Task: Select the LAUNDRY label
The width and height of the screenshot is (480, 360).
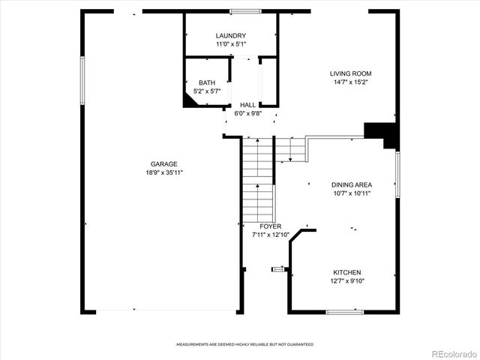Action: [x=230, y=36]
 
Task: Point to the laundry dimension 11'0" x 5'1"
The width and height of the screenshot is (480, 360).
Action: [x=230, y=44]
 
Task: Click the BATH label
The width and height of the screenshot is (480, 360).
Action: [x=207, y=82]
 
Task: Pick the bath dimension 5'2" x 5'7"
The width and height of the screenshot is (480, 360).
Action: [x=207, y=91]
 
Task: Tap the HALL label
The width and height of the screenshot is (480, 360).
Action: [x=247, y=105]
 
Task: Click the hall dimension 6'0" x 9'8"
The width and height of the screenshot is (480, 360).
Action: [x=247, y=113]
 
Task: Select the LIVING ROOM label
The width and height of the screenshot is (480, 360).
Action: [x=351, y=73]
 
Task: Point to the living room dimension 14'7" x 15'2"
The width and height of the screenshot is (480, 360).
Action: [x=351, y=82]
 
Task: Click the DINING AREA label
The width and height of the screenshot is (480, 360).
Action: [x=352, y=184]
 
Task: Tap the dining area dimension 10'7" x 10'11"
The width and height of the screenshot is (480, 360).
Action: [x=352, y=193]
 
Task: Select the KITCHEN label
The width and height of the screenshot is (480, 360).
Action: [x=348, y=272]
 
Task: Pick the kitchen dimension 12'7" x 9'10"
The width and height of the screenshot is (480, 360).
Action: [x=348, y=280]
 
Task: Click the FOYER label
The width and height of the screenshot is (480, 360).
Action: [x=271, y=226]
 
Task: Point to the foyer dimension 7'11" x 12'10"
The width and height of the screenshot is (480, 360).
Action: [x=271, y=235]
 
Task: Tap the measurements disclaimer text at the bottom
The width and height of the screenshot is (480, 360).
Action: [x=244, y=344]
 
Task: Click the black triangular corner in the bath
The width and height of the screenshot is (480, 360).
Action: [x=193, y=100]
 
